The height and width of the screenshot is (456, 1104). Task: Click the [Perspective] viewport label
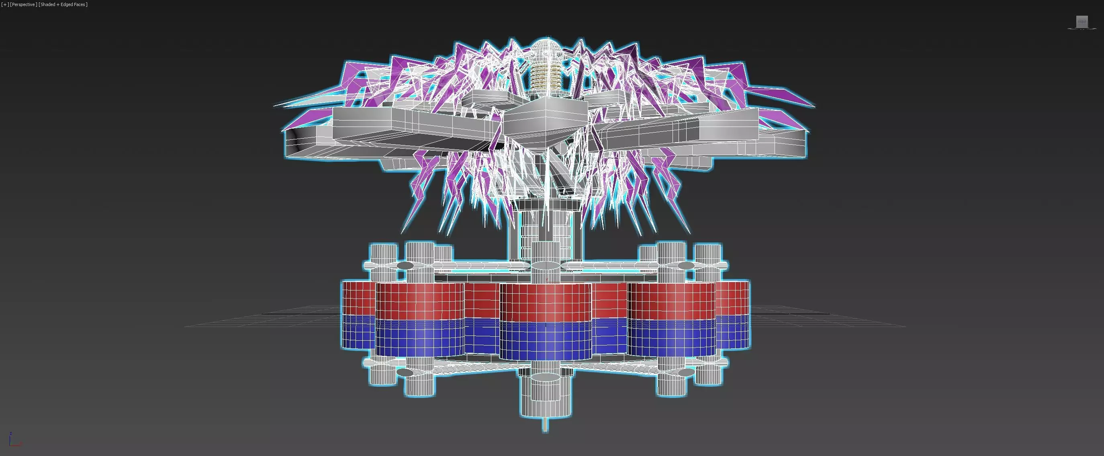23,4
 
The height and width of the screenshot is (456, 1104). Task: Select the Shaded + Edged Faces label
63,4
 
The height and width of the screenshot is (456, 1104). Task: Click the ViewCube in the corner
1082,22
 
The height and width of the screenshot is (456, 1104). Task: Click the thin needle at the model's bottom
545,424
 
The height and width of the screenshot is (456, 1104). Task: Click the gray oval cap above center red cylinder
545,266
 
